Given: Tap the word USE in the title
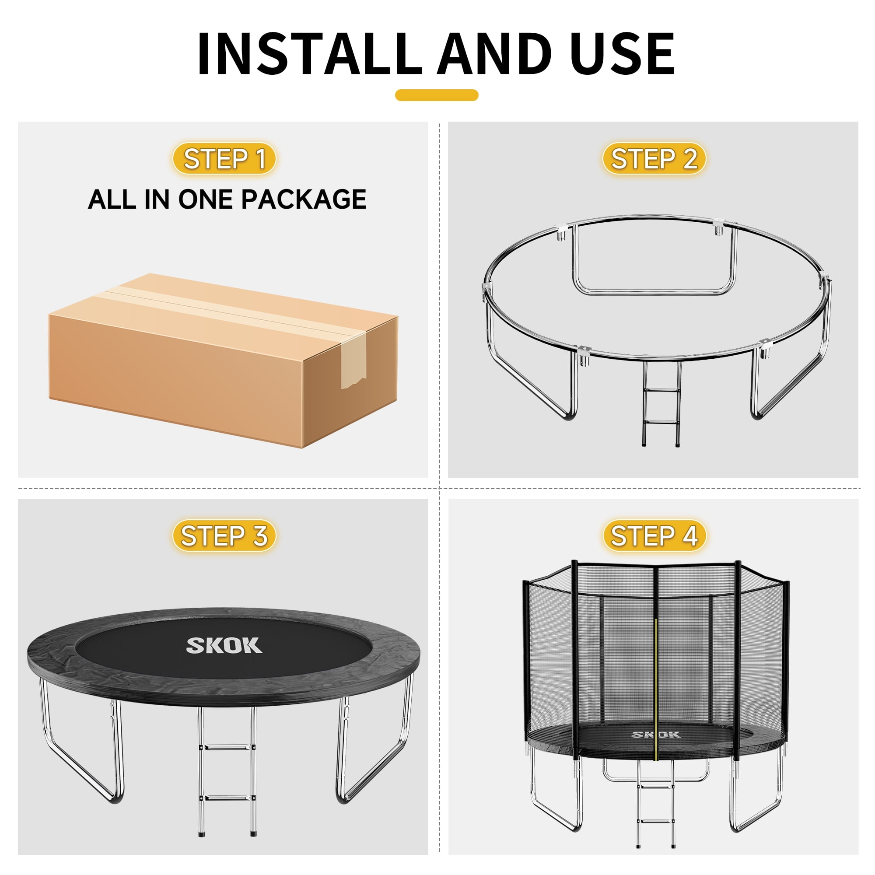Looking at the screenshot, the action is tap(622, 53).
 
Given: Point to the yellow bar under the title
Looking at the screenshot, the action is tap(437, 95).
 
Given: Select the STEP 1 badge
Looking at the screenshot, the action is tap(224, 158).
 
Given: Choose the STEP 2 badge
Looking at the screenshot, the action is tap(654, 158).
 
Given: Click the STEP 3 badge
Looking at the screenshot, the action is tap(224, 536).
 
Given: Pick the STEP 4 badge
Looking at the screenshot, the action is tap(654, 536).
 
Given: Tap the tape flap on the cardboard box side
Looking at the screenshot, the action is tap(353, 360).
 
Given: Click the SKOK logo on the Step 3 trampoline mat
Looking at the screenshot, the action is tap(224, 646).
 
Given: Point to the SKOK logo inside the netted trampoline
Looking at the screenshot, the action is tap(656, 734).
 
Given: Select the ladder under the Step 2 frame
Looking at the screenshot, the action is tap(661, 403).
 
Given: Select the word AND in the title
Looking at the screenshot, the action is tap(494, 53).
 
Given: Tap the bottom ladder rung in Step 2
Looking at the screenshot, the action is tap(661, 422).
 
